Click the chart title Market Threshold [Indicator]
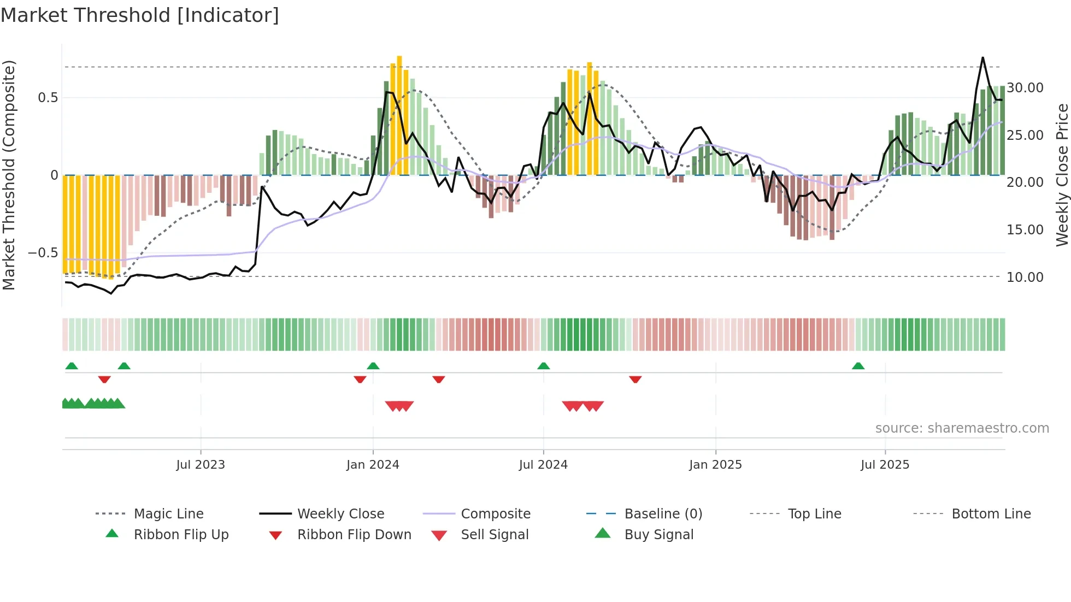pyautogui.click(x=140, y=15)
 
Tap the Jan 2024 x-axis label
pyautogui.click(x=373, y=465)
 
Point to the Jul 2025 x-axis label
pyautogui.click(x=885, y=465)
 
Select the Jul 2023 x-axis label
pyautogui.click(x=201, y=465)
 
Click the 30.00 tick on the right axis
pyautogui.click(x=1025, y=88)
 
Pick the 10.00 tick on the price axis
pyautogui.click(x=1025, y=278)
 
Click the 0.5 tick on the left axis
pyautogui.click(x=48, y=98)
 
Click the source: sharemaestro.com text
pyautogui.click(x=962, y=428)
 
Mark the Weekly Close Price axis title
pyautogui.click(x=1062, y=175)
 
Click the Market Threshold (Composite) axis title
pyautogui.click(x=9, y=175)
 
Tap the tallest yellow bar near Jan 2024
pyautogui.click(x=399, y=115)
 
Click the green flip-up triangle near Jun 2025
pyautogui.click(x=858, y=366)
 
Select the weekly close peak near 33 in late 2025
pyautogui.click(x=982, y=57)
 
